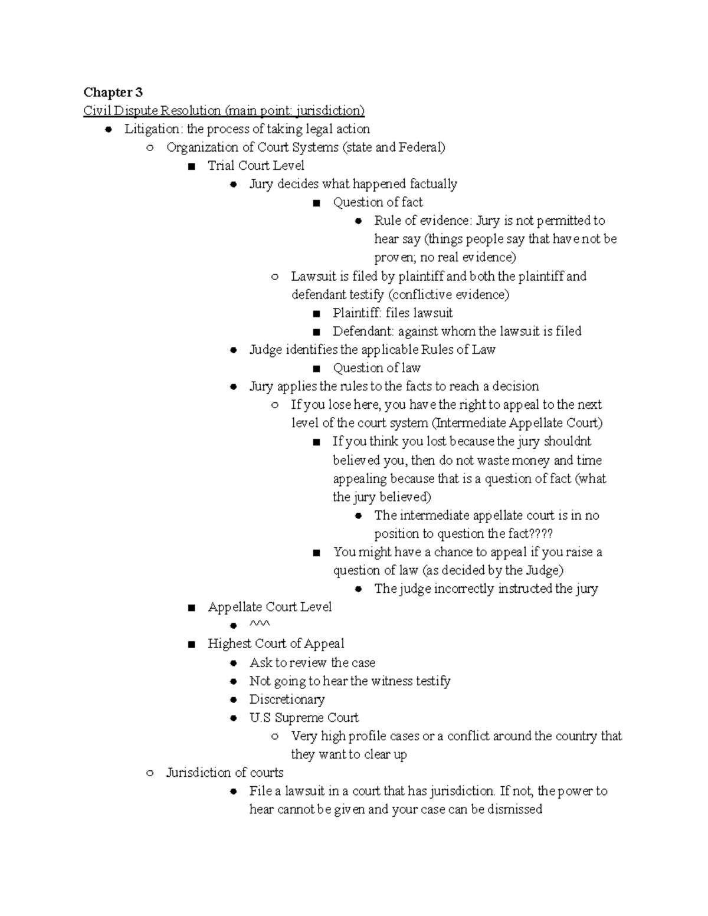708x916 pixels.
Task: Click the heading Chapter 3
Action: (x=113, y=92)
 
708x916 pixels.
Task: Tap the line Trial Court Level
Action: (x=255, y=166)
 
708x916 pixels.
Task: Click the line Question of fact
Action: (x=378, y=202)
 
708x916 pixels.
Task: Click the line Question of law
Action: (x=376, y=368)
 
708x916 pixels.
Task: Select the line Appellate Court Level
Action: (x=270, y=607)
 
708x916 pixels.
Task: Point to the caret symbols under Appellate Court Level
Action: (x=260, y=625)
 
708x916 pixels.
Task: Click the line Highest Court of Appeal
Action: (x=276, y=644)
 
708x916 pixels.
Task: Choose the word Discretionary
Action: (x=287, y=700)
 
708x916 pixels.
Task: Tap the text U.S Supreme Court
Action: (x=304, y=718)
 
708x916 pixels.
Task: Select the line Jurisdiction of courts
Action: (x=225, y=773)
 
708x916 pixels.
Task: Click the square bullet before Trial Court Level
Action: (x=191, y=166)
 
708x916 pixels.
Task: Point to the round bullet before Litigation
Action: (x=108, y=130)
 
